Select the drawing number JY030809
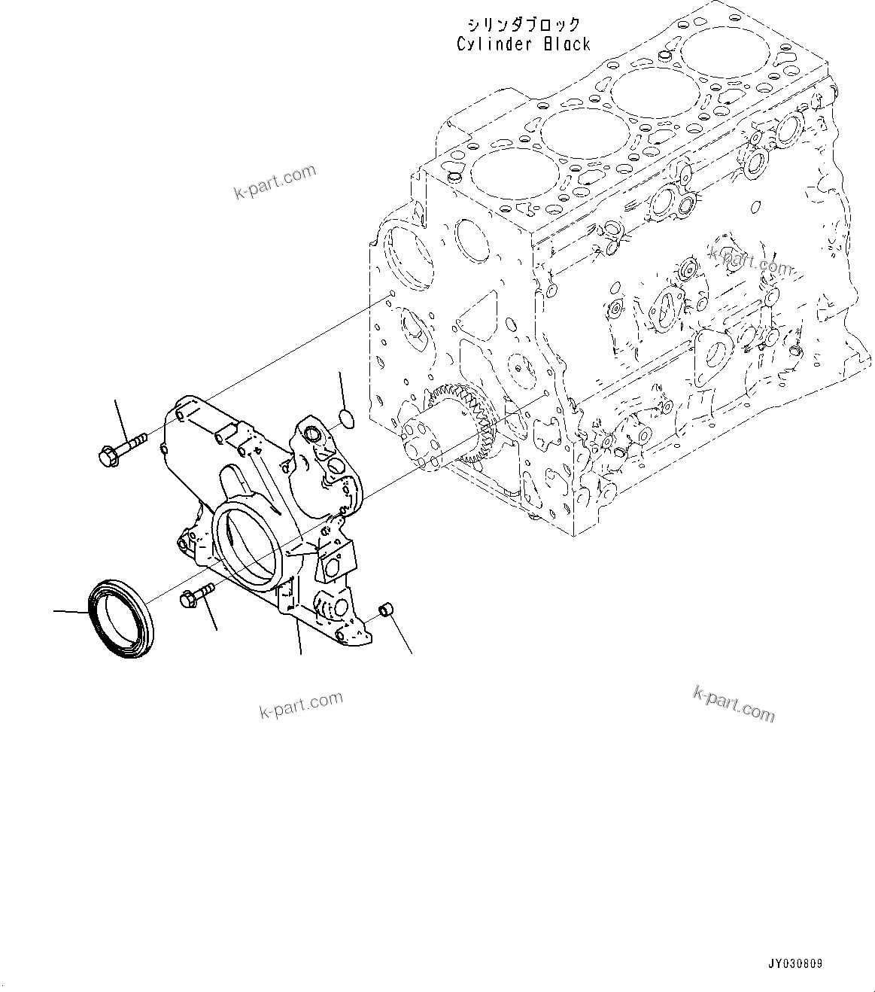794,963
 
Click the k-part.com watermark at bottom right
733,703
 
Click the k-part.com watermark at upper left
275,184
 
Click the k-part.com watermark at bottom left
300,706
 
